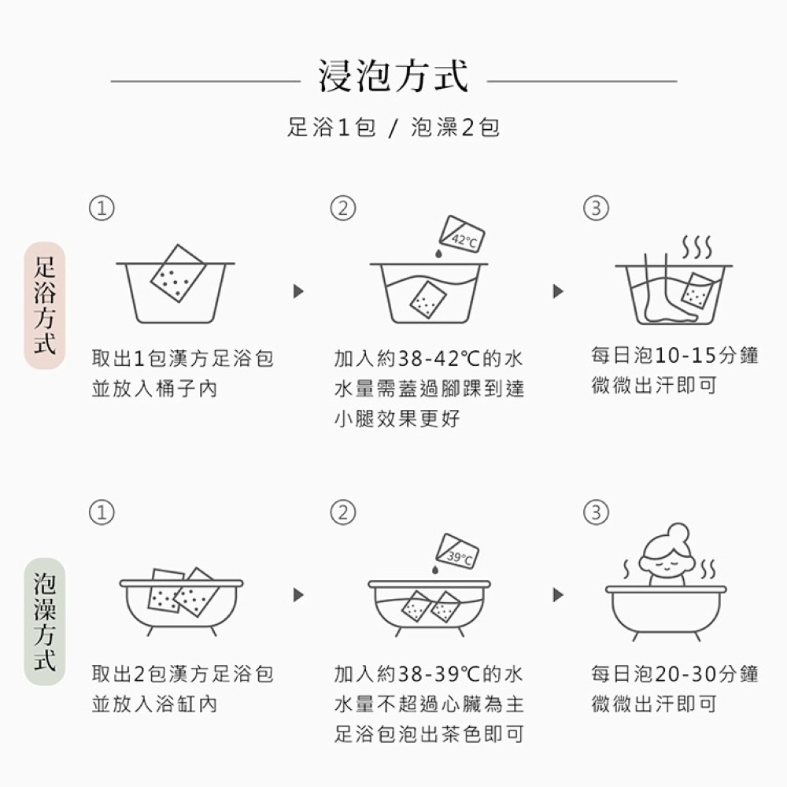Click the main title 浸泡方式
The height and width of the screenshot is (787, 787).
coord(393,76)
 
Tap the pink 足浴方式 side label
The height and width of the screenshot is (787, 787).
coord(44,305)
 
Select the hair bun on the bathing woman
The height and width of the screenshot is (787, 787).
coord(678,532)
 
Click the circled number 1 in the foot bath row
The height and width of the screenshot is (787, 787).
coord(101,208)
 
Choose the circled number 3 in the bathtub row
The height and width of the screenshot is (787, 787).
coord(596,512)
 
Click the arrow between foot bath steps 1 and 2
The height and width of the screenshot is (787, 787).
coord(298,291)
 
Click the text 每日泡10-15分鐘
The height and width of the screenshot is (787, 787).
coord(674,356)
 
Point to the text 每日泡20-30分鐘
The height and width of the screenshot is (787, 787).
coord(674,674)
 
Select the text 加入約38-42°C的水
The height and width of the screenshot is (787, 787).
coord(428,359)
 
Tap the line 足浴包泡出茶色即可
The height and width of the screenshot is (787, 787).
coord(429,735)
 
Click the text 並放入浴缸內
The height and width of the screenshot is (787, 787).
coord(154,704)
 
